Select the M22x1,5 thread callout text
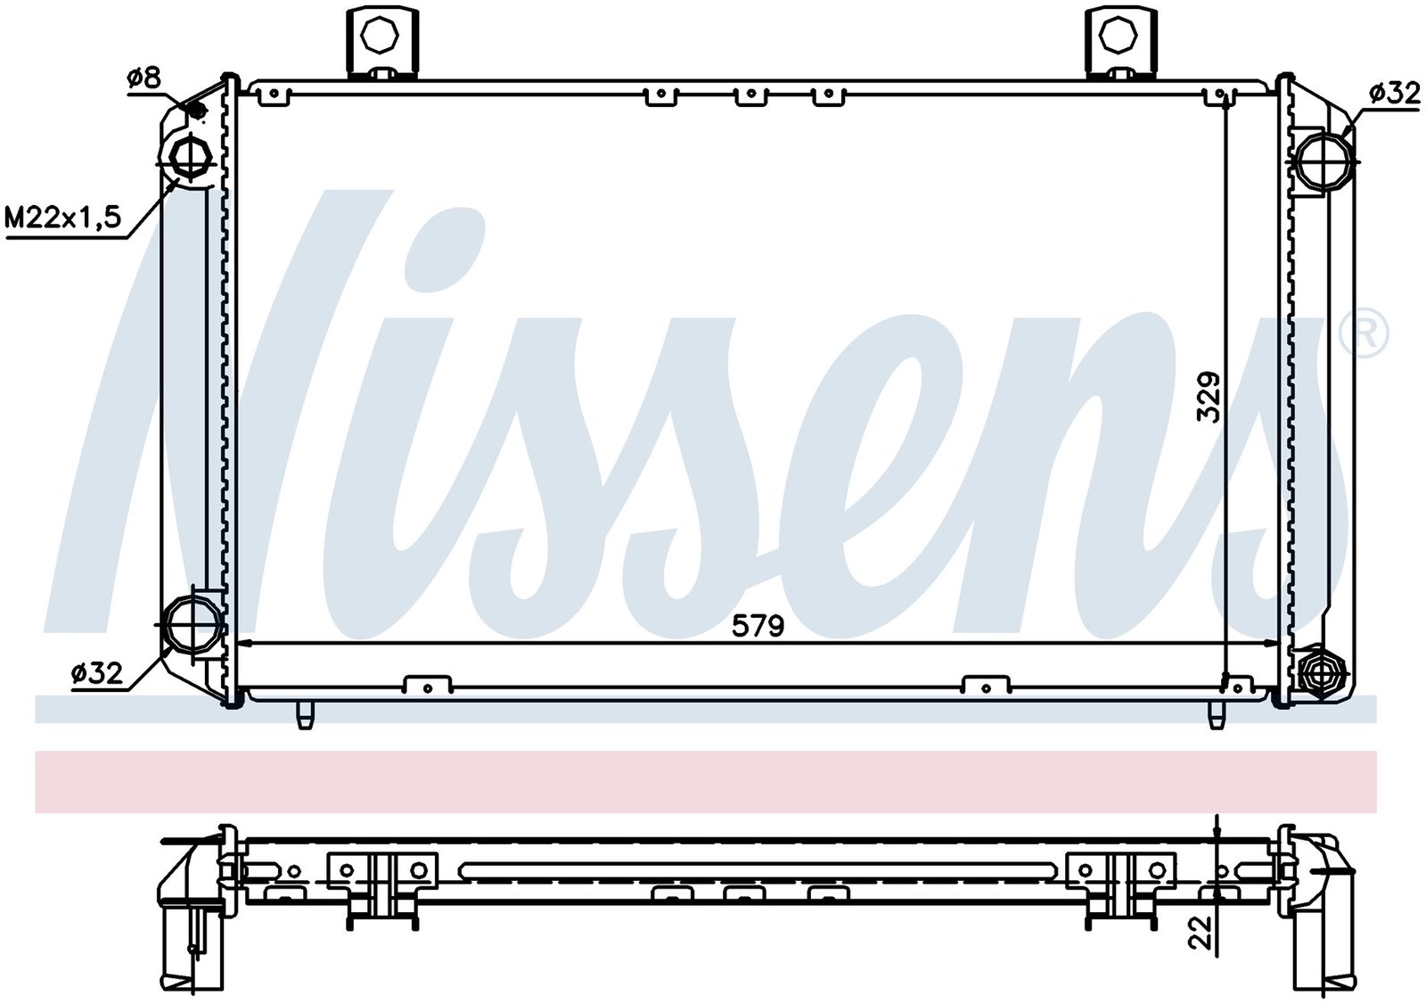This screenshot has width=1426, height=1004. point(62,218)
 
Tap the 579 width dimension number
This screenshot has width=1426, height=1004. point(757,627)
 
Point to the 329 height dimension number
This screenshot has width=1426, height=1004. point(1207,397)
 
